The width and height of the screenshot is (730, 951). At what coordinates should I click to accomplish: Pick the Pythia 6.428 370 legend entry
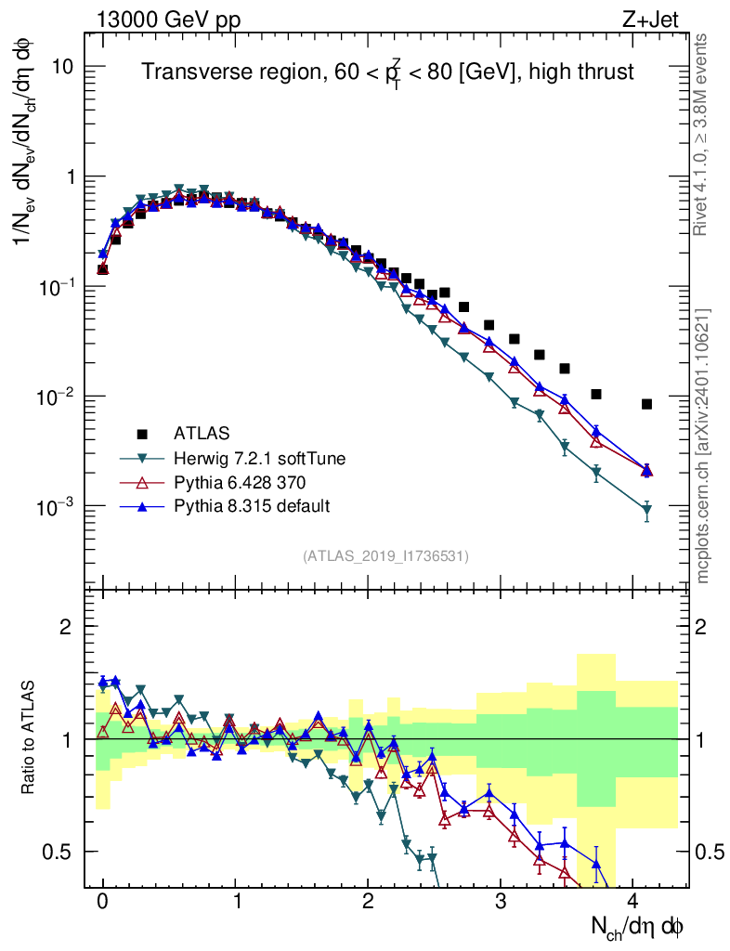(x=241, y=482)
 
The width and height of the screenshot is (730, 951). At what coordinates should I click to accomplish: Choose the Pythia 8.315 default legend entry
(x=253, y=506)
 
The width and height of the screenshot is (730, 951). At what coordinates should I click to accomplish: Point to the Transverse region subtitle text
(x=387, y=72)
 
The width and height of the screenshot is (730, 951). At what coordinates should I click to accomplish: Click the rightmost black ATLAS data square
(x=646, y=404)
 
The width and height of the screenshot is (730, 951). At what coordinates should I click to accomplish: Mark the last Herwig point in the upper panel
(x=646, y=510)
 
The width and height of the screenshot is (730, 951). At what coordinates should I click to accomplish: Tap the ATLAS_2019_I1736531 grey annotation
(x=385, y=556)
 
